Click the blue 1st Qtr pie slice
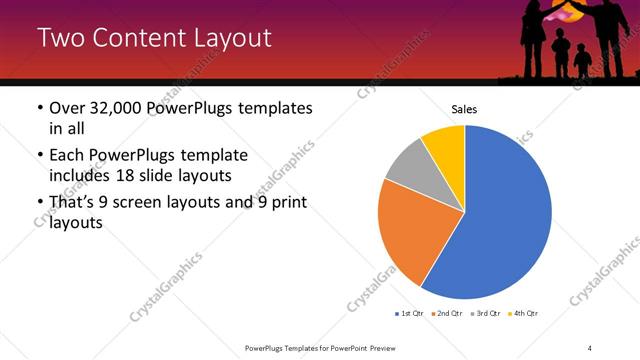click(x=505, y=215)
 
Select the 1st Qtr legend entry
click(x=411, y=314)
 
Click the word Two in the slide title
click(x=59, y=39)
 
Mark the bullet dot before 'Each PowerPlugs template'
click(x=39, y=156)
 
